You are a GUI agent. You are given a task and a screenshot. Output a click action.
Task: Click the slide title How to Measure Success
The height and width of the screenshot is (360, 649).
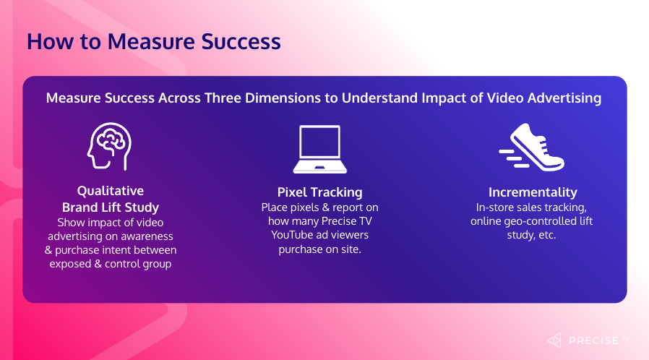pyautogui.click(x=153, y=41)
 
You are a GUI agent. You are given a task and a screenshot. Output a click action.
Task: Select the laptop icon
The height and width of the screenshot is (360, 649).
pyautogui.click(x=319, y=150)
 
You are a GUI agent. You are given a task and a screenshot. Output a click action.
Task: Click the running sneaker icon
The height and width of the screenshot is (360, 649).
pyautogui.click(x=531, y=147)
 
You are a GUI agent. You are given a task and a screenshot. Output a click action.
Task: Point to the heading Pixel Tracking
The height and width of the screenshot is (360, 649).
pyautogui.click(x=319, y=192)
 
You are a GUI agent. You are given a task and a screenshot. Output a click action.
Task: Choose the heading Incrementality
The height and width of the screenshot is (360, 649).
pyautogui.click(x=532, y=192)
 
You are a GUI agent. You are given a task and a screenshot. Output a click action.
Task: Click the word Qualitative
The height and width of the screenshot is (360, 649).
pyautogui.click(x=111, y=191)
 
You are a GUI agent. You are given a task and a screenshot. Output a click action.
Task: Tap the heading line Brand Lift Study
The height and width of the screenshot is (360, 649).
pyautogui.click(x=111, y=207)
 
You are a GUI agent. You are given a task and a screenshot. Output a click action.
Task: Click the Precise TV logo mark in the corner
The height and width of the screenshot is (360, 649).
pyautogui.click(x=554, y=340)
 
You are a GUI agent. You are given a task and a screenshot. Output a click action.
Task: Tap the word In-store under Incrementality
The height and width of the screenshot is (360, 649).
pyautogui.click(x=491, y=207)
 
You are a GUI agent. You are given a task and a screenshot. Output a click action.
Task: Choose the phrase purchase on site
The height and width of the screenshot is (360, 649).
pyautogui.click(x=319, y=249)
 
